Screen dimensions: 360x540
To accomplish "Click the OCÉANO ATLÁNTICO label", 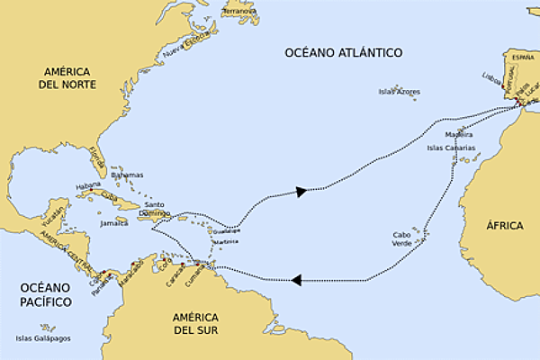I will coord(343,52).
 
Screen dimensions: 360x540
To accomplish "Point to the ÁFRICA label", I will coord(504,225).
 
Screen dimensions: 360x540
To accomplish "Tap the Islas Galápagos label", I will coord(43,338).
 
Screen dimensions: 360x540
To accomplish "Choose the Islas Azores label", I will coord(400,92).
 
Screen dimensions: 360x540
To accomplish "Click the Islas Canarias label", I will coord(447,148).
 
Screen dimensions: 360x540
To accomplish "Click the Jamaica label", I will coord(114,222).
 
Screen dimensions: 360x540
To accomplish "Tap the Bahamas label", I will coord(127,175).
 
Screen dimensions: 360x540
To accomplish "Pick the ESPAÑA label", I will coord(523,57).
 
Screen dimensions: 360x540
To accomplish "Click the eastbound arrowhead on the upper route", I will coord(302,191).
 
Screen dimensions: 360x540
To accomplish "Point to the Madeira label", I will coord(458,134).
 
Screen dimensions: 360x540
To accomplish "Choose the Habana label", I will coord(88,185).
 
